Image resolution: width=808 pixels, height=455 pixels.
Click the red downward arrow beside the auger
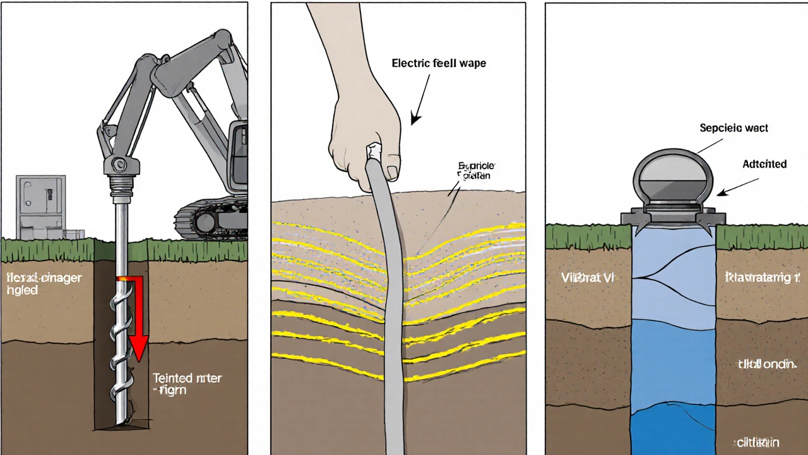(x=139, y=316)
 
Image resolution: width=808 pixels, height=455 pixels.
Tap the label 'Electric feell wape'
(x=439, y=63)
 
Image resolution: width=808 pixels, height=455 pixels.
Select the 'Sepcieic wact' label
(x=734, y=128)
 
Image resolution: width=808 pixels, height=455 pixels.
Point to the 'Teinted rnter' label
(x=187, y=379)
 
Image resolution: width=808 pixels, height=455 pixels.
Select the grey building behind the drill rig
(x=41, y=205)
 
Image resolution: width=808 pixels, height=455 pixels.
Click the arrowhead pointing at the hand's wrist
(x=414, y=118)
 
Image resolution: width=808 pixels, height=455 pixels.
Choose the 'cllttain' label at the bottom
(x=758, y=442)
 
